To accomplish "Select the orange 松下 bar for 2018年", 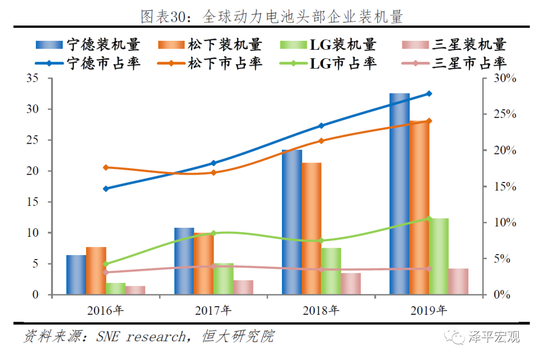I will click(311, 229).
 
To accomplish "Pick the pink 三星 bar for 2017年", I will click(243, 287).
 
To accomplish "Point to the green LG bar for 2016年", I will click(115, 289).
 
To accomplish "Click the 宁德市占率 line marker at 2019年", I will click(430, 93).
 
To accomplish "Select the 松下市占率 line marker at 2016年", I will click(105, 167).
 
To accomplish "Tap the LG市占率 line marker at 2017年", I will click(213, 233).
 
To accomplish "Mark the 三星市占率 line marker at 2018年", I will click(321, 270).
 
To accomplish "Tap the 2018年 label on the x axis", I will click(321, 311).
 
